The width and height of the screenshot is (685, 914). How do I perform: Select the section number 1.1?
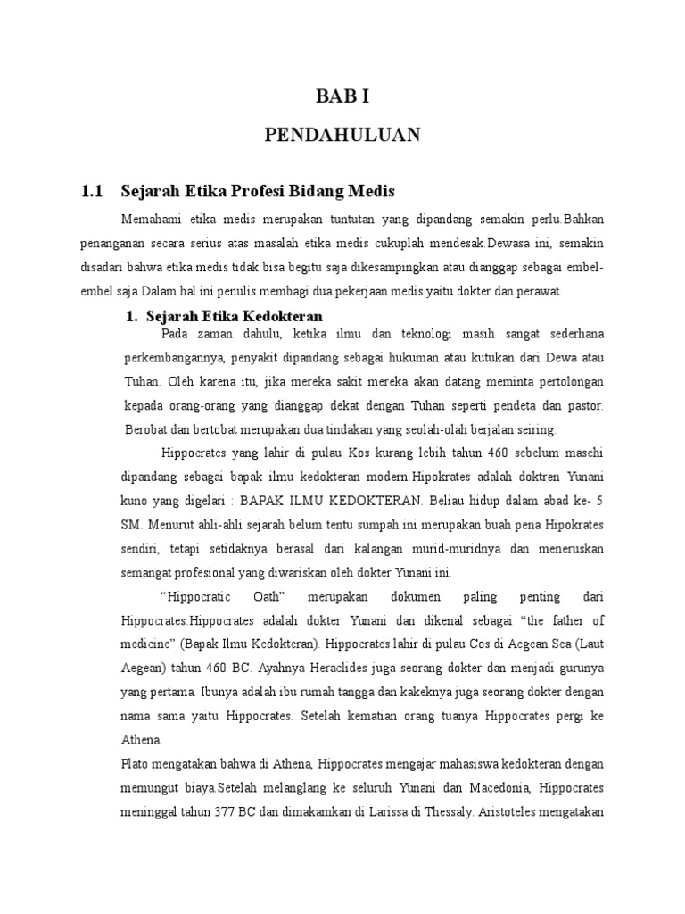pyautogui.click(x=93, y=190)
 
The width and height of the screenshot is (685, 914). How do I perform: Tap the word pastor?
pyautogui.click(x=584, y=405)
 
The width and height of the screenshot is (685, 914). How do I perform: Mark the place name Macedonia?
pyautogui.click(x=467, y=787)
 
